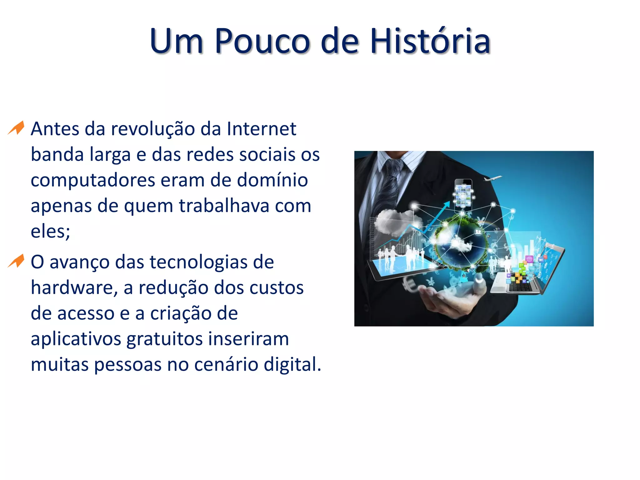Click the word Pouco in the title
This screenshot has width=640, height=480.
click(x=262, y=41)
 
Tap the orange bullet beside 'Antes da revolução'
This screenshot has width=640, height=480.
click(x=16, y=128)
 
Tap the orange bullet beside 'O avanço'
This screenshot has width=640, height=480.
click(x=16, y=261)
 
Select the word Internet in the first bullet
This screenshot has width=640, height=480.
click(x=262, y=129)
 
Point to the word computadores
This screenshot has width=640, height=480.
click(x=93, y=181)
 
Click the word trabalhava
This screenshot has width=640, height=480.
click(x=224, y=206)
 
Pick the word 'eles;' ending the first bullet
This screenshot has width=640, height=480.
click(x=50, y=232)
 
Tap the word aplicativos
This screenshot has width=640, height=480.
click(x=76, y=339)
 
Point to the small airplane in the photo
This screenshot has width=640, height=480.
click(x=493, y=178)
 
